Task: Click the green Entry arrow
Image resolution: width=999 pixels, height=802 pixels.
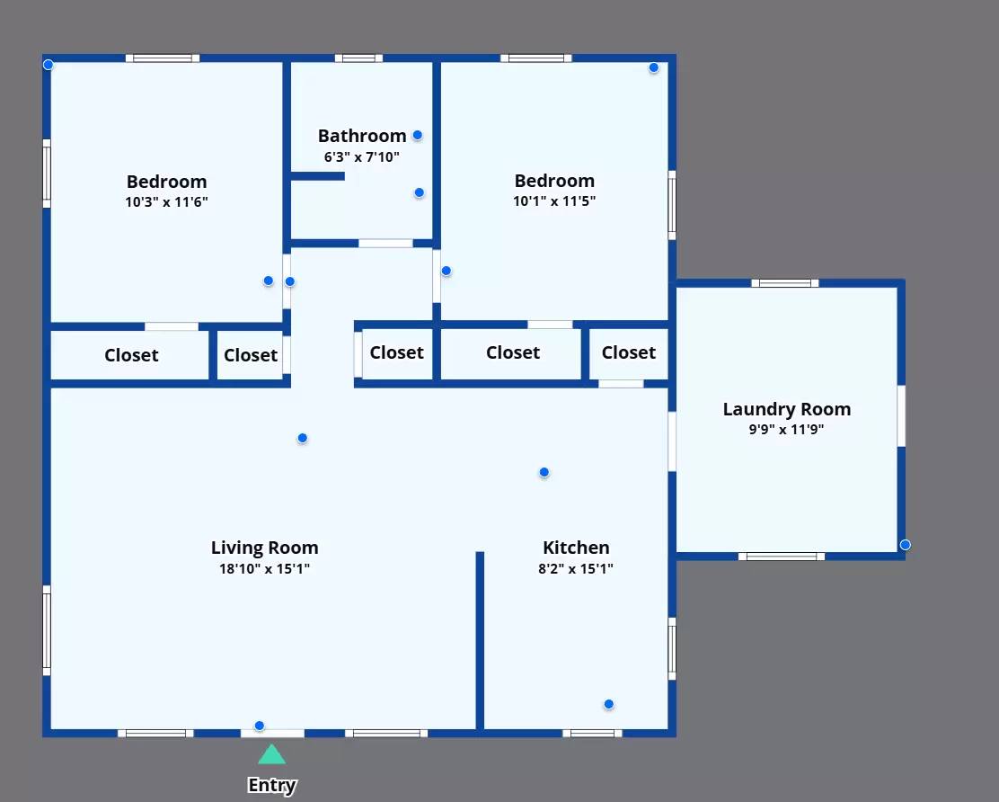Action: [271, 754]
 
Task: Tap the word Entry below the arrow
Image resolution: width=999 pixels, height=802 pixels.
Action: [272, 786]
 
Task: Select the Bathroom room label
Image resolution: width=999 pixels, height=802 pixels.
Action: [362, 136]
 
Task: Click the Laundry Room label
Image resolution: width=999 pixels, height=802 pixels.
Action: [787, 409]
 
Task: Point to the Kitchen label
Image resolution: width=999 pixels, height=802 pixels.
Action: [576, 548]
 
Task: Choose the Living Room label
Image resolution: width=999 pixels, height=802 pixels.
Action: [264, 548]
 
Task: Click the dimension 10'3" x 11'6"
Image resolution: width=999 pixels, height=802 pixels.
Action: [166, 202]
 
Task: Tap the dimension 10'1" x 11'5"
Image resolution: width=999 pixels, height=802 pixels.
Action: [554, 201]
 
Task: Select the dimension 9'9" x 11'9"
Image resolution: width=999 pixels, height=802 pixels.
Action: [786, 430]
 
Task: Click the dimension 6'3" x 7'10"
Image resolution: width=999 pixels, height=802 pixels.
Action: [362, 156]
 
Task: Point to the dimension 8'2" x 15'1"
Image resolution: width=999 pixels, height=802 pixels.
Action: [576, 568]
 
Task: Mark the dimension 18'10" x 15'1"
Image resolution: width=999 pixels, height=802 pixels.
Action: [264, 568]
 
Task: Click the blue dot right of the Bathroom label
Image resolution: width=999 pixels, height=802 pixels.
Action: [418, 135]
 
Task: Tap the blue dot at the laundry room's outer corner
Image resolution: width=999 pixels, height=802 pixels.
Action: [906, 545]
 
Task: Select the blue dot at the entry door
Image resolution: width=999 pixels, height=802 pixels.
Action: [260, 726]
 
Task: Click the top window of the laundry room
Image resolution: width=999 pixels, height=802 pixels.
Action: [785, 283]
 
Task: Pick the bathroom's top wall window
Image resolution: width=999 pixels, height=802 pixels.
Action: [358, 58]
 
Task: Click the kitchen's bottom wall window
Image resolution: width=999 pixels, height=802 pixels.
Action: [592, 733]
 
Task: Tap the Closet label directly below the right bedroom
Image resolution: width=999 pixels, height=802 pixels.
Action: [513, 352]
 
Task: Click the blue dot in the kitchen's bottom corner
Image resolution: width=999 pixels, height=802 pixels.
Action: [609, 704]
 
